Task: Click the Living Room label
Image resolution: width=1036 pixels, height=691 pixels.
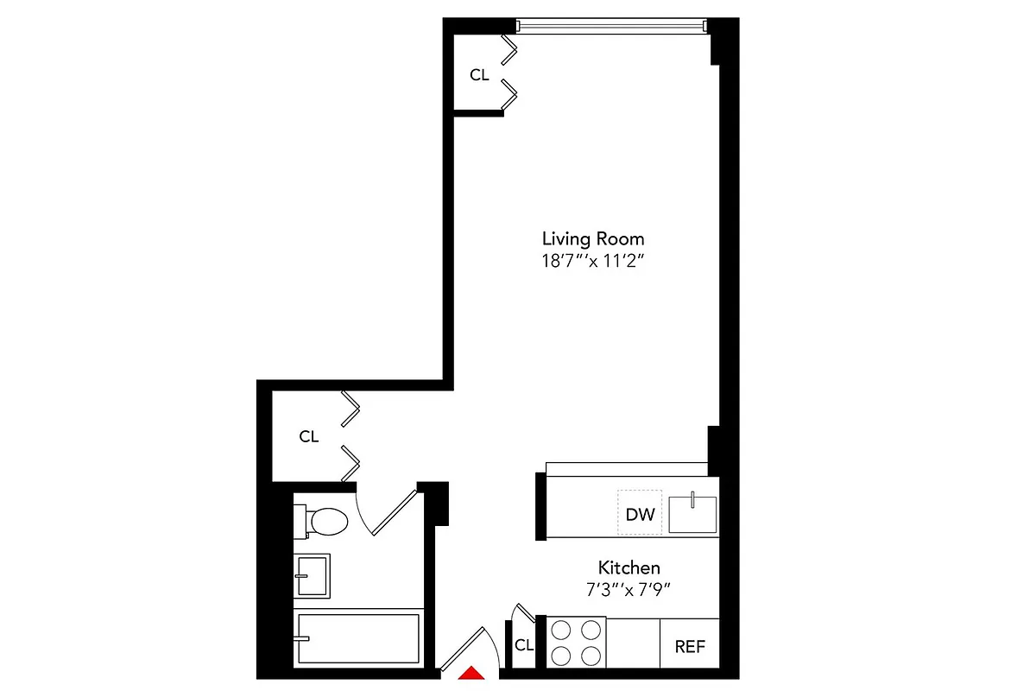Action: [592, 238]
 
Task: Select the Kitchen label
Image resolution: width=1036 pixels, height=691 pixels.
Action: [629, 567]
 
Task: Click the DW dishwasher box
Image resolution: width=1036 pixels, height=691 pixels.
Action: [640, 515]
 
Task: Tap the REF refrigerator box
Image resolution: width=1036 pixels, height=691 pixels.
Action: [690, 645]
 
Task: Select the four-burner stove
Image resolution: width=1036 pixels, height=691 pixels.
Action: [576, 643]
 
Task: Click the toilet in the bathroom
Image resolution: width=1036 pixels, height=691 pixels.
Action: [322, 520]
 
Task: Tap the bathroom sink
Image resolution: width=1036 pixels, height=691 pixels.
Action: [312, 575]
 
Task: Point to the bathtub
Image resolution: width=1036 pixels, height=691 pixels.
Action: [358, 639]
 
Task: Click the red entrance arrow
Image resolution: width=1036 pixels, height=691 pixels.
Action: [470, 674]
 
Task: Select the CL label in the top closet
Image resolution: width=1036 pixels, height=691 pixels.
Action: [479, 75]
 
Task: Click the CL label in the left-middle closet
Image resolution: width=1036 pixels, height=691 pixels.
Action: [309, 436]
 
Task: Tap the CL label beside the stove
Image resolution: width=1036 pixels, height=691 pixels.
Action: [523, 645]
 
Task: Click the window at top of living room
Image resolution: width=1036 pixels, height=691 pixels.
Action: [612, 25]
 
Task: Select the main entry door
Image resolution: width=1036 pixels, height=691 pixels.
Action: [466, 650]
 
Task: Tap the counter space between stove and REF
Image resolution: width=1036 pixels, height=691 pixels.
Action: [633, 643]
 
